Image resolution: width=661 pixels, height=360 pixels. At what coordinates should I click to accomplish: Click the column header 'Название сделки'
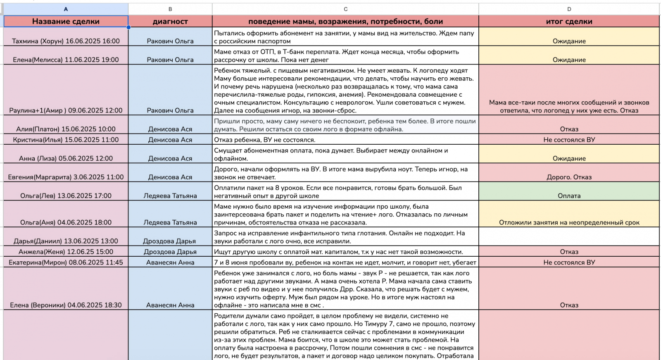coord(66,21)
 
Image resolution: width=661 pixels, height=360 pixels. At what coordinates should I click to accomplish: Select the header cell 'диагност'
coord(170,21)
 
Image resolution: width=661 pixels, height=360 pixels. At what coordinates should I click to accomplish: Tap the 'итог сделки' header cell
coord(569,21)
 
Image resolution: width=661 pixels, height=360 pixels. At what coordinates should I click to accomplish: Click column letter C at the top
coord(345,9)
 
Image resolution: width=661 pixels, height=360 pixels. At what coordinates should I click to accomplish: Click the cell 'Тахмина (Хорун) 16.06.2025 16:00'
coord(66,41)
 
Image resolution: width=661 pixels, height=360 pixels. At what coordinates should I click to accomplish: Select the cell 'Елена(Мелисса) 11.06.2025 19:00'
coord(66,60)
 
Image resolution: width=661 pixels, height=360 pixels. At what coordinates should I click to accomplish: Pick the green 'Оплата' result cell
coord(569,195)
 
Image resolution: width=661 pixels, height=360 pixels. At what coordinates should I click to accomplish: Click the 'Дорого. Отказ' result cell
coord(569,177)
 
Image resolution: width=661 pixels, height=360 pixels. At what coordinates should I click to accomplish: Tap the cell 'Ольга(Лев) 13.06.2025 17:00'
coord(66,195)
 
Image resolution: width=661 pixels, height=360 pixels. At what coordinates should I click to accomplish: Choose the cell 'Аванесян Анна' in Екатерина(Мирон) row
coord(170,262)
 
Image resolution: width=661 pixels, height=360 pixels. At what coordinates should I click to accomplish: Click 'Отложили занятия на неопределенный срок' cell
coord(569,222)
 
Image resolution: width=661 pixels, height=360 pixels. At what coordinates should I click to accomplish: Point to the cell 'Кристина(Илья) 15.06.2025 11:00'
coord(66,140)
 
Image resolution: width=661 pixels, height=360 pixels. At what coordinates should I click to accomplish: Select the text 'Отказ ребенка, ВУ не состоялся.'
coord(264,140)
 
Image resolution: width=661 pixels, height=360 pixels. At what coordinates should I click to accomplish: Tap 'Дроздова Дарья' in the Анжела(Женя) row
coord(170,252)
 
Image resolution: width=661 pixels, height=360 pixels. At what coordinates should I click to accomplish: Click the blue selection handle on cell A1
coord(128,27)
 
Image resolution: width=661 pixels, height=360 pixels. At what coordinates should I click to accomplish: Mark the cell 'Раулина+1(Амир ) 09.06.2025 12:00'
coord(66,110)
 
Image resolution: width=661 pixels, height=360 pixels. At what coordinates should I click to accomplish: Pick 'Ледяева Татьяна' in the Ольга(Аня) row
coord(170,222)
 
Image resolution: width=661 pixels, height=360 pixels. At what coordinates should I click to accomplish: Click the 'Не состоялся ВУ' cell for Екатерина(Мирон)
coord(569,262)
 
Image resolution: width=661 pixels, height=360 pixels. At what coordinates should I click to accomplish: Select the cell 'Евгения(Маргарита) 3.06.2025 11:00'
coord(66,177)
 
